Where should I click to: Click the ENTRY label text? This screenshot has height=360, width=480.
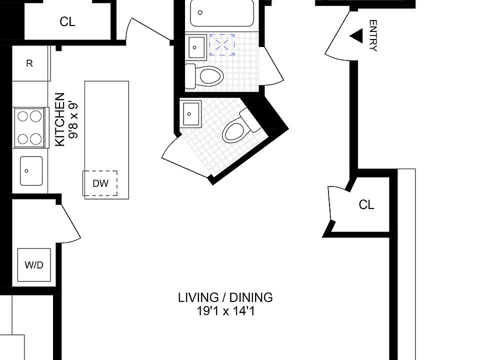pyautogui.click(x=373, y=35)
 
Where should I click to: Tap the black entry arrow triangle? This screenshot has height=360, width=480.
pyautogui.click(x=356, y=36)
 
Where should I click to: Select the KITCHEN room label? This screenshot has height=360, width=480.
pyautogui.click(x=59, y=119)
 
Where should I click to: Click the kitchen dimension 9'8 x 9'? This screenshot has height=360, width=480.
pyautogui.click(x=74, y=120)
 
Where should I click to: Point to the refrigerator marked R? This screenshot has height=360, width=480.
pyautogui.click(x=30, y=63)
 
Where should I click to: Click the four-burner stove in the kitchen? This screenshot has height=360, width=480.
pyautogui.click(x=29, y=127)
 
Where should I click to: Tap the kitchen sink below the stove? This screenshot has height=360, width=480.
pyautogui.click(x=31, y=171)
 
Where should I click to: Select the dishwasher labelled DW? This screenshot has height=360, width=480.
pyautogui.click(x=100, y=183)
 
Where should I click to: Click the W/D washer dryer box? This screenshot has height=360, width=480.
pyautogui.click(x=34, y=265)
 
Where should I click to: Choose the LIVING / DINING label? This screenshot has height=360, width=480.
pyautogui.click(x=225, y=297)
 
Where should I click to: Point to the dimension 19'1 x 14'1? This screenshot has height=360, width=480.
pyautogui.click(x=225, y=311)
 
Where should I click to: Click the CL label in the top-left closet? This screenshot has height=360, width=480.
pyautogui.click(x=67, y=21)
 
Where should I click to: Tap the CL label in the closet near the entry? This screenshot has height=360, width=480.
pyautogui.click(x=366, y=204)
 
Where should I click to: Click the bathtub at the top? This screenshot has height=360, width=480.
pyautogui.click(x=222, y=12)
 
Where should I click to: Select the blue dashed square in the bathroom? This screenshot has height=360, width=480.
pyautogui.click(x=222, y=45)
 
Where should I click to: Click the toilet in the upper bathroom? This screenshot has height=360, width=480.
pyautogui.click(x=204, y=75)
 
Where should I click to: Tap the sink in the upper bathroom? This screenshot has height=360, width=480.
pyautogui.click(x=197, y=47)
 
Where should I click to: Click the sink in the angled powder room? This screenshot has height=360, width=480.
pyautogui.click(x=191, y=114)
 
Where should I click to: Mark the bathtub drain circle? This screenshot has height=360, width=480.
pyautogui.click(x=200, y=12)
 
